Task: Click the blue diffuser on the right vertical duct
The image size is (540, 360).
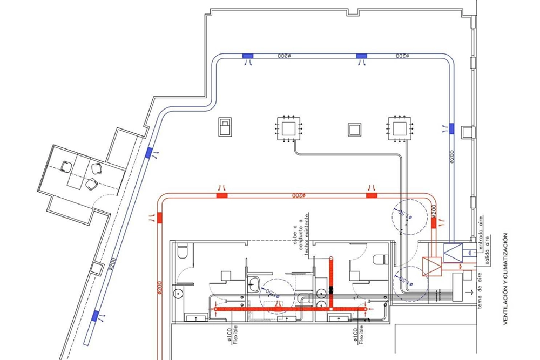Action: point(451,128)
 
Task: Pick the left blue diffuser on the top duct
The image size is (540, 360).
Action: point(248,56)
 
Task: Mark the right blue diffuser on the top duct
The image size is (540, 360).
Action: point(362,56)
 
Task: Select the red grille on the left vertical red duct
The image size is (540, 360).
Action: point(159,218)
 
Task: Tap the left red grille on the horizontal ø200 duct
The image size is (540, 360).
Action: point(222,195)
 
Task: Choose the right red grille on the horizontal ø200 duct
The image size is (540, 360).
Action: point(371,195)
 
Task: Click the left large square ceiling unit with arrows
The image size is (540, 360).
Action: point(289,128)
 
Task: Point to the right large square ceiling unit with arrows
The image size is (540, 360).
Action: point(400,128)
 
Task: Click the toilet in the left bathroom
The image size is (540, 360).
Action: point(182,252)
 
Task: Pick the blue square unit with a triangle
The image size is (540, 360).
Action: point(453,251)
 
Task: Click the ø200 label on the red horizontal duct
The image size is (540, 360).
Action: point(299,195)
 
